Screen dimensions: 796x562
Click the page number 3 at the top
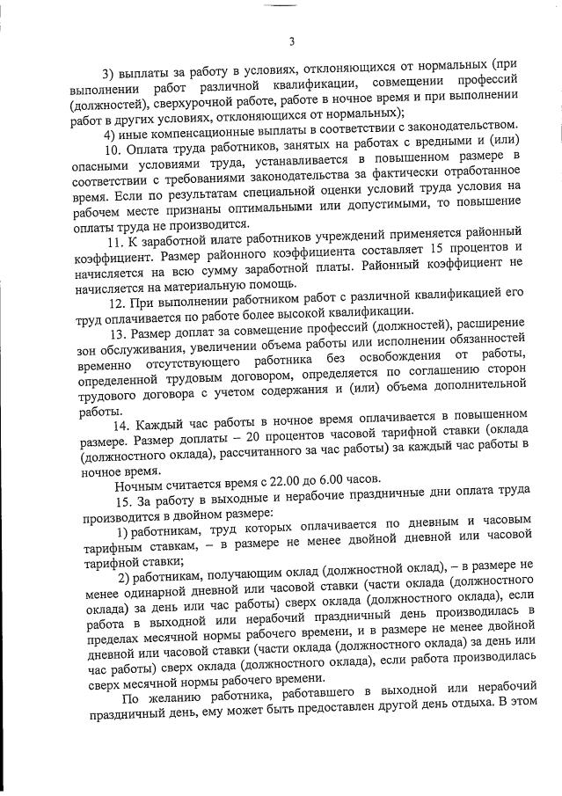click(x=290, y=42)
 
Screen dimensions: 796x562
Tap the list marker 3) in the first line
click(x=113, y=66)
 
